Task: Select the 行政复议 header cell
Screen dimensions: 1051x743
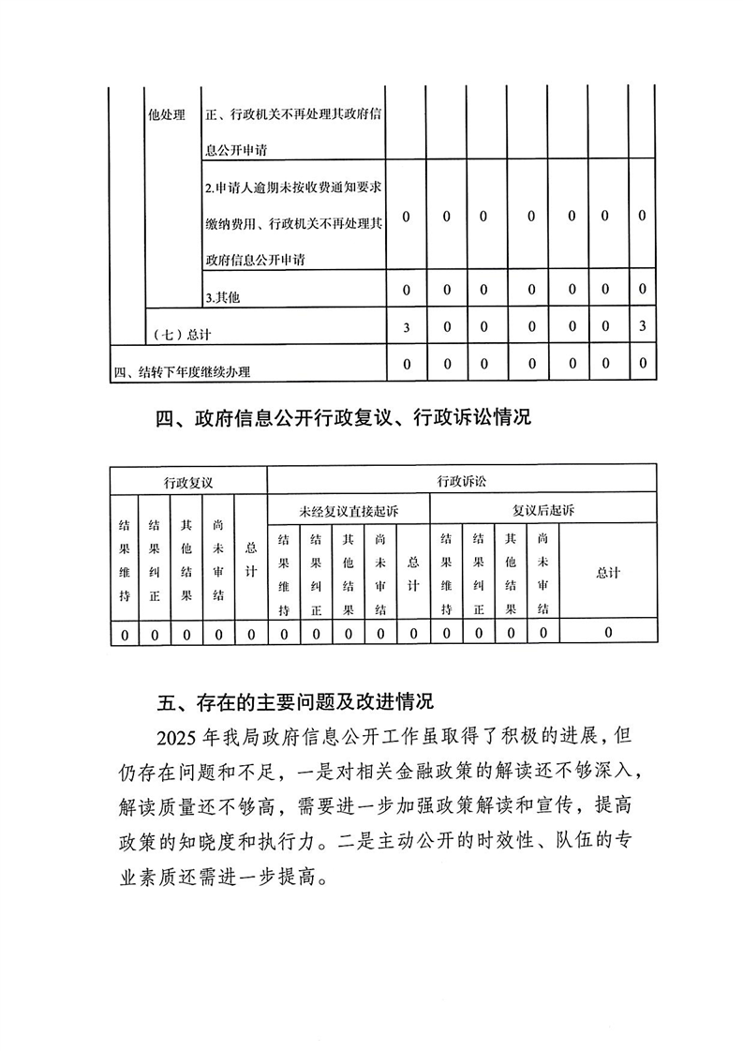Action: [188, 482]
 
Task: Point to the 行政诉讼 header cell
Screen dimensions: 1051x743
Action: [461, 482]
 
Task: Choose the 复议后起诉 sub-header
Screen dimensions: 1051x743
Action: [542, 511]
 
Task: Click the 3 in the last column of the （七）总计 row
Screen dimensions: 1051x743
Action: [642, 326]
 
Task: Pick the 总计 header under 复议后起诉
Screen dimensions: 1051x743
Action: [608, 573]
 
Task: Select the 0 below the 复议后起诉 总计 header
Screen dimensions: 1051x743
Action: [608, 634]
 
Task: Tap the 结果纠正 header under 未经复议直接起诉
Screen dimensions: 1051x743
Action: [316, 573]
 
